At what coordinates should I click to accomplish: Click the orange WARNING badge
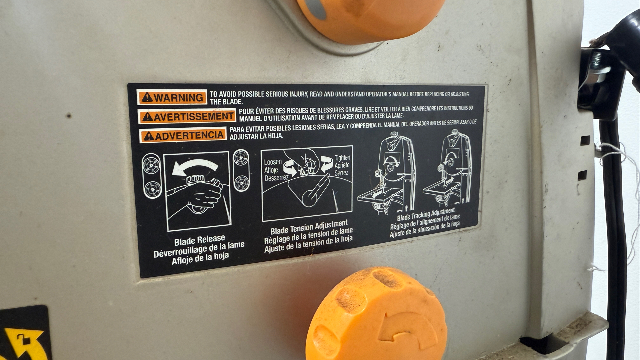coord(172,97)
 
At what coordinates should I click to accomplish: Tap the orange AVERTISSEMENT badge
coord(187,117)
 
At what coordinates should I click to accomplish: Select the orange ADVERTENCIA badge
coord(183,136)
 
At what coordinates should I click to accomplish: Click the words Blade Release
coord(200,240)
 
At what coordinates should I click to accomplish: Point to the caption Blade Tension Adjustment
coord(309,227)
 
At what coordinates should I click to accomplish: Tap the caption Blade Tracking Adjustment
coord(426,214)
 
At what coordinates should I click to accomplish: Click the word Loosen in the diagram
coord(273,162)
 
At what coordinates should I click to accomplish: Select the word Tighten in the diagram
coord(342,157)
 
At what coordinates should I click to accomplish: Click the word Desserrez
coord(276,178)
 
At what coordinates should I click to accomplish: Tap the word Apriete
coord(342,165)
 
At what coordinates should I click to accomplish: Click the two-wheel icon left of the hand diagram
coord(152,176)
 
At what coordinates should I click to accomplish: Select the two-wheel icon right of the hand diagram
coord(241,170)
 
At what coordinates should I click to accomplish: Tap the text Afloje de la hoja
coord(200,258)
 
